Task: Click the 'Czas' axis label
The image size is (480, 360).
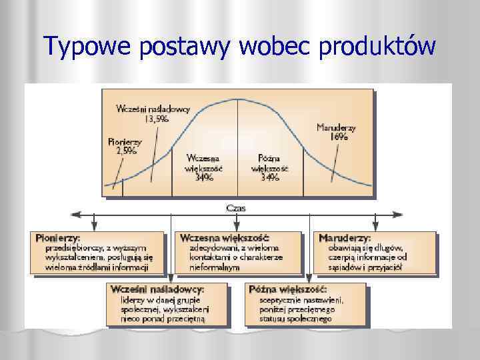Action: (x=237, y=208)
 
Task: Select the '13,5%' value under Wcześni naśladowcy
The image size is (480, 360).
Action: (x=157, y=119)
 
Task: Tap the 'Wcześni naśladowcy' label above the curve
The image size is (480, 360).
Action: (x=154, y=109)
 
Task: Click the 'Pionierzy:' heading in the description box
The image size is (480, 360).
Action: (x=58, y=238)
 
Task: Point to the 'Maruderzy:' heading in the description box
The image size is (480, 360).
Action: (x=345, y=238)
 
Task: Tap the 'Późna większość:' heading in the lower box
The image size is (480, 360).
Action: (x=287, y=289)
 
